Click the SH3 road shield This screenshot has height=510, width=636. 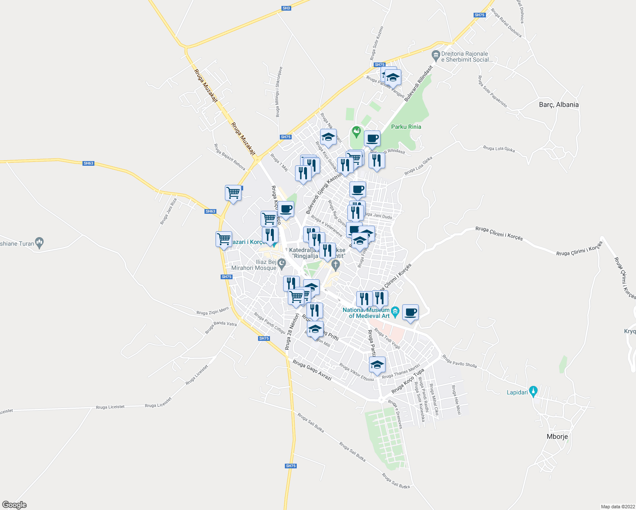pos(286,8)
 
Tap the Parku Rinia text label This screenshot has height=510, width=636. pos(406,127)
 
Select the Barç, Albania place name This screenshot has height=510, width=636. pos(559,105)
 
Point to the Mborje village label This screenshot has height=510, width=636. pos(557,436)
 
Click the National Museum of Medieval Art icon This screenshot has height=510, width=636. pos(395,312)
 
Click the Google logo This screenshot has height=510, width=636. pos(14,505)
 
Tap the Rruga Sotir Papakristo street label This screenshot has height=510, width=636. pos(492,91)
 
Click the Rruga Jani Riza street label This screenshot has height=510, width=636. pos(168,211)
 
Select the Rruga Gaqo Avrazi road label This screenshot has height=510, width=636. pos(312,371)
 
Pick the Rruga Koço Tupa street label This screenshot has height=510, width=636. pos(408,381)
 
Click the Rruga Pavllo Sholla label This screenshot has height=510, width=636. pos(460,361)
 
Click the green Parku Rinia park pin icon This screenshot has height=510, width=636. pos(356,131)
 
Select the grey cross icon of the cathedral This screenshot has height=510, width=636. pos(335,266)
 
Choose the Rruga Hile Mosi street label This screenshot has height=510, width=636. pos(456,400)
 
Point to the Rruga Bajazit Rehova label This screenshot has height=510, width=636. pos(229,157)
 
